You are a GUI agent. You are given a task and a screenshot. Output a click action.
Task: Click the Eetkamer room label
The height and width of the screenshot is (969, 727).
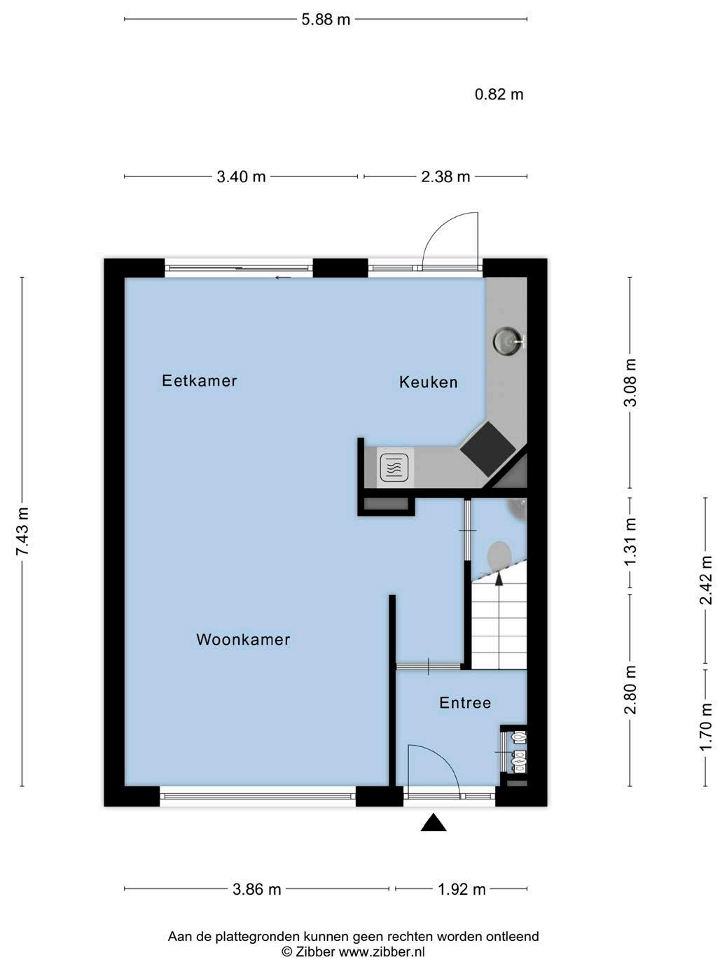pos(199,380)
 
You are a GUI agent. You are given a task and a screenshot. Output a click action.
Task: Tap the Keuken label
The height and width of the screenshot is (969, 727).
pos(428,382)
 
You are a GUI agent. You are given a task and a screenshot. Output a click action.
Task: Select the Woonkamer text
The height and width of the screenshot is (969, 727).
pos(243,639)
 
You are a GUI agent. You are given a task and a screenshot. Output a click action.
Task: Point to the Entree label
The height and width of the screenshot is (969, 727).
pos(465,702)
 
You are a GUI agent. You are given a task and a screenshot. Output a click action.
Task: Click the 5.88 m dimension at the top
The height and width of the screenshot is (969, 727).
pos(326,20)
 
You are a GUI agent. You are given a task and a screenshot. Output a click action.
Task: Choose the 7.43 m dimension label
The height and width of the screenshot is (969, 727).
pos(22,531)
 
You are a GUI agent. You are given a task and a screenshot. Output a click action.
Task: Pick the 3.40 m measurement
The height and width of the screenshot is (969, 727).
pos(241,176)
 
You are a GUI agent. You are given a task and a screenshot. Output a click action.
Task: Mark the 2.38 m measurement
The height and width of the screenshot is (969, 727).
pos(445,176)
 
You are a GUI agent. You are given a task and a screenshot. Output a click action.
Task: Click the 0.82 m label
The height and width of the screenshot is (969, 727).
pos(499,95)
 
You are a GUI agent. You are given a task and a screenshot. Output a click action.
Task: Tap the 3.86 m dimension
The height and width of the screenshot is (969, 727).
pos(257,889)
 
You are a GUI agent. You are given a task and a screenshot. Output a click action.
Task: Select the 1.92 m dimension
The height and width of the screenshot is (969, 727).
pos(462,889)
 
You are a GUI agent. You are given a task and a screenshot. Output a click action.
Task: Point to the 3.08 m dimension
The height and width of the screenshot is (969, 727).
pos(630,382)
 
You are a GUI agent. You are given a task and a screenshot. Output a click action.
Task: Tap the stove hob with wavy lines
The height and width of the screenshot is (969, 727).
pos(394,468)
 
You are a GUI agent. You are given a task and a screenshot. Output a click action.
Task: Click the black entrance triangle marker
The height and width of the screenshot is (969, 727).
pos(434,822)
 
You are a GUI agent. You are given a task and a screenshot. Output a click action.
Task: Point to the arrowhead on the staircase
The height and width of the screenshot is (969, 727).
pos(499,580)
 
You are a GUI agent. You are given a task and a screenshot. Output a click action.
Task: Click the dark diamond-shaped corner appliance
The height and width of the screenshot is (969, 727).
pos(488,449)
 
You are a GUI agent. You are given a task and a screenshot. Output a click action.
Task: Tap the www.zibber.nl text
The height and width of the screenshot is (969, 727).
pos(382,951)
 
